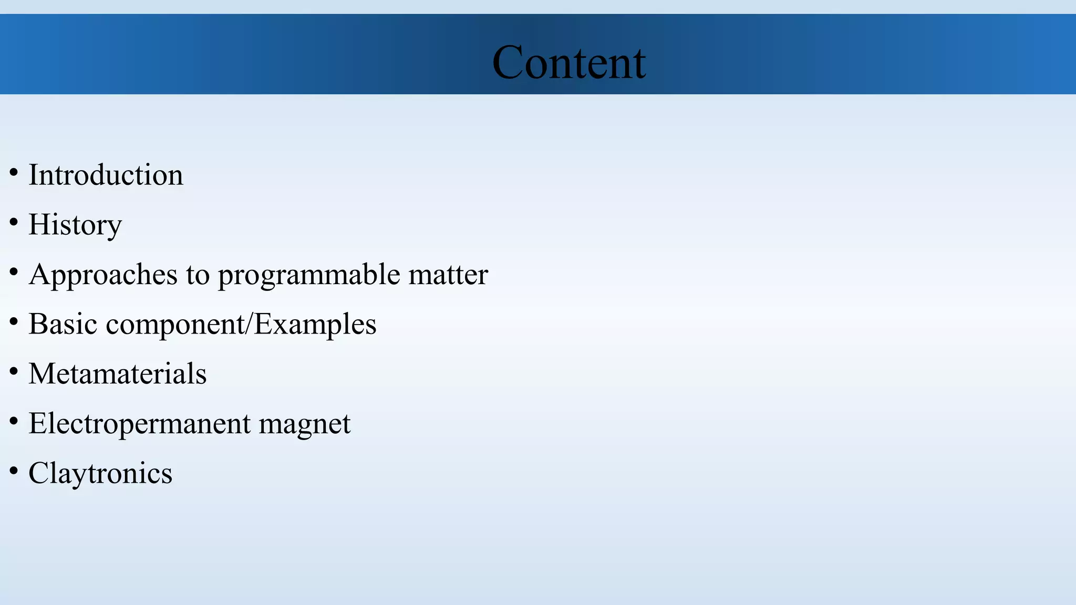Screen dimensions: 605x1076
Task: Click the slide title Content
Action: pyautogui.click(x=569, y=62)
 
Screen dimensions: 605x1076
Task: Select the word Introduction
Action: pyautogui.click(x=106, y=175)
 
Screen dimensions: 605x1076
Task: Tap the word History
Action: pyautogui.click(x=75, y=225)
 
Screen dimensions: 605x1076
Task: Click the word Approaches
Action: pyautogui.click(x=104, y=275)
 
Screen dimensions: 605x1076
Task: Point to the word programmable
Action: pyautogui.click(x=309, y=275)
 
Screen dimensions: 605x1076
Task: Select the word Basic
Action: pyautogui.click(x=63, y=324)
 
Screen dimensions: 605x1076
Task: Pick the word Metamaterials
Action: pyautogui.click(x=118, y=374)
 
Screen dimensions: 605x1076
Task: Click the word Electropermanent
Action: pyautogui.click(x=139, y=424)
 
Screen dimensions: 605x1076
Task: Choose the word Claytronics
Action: pyautogui.click(x=100, y=473)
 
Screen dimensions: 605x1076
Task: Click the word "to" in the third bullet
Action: pyautogui.click(x=198, y=275)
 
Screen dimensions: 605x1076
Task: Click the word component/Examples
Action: pyautogui.click(x=241, y=324)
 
